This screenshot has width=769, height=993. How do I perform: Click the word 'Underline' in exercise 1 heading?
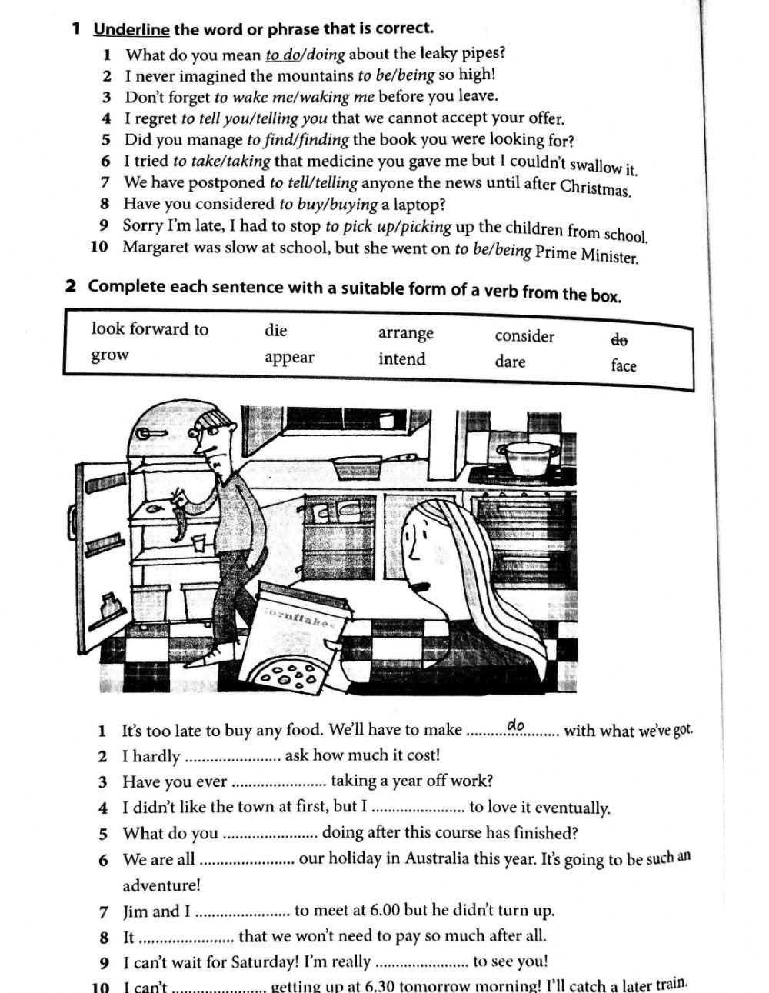point(131,29)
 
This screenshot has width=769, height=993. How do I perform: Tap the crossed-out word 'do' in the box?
point(619,339)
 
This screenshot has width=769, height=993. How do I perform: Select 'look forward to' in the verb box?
point(150,329)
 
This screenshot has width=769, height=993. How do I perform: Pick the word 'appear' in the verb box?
point(289,358)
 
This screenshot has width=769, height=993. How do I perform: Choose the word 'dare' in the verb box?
point(510,362)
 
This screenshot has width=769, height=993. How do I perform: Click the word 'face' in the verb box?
point(624,365)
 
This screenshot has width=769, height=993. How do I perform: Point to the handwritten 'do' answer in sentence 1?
point(515,725)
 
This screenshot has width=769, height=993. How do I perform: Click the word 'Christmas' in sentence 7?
point(595,187)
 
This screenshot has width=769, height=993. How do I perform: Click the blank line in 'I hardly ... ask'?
point(234,758)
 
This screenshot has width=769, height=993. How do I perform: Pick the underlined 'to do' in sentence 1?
point(282,55)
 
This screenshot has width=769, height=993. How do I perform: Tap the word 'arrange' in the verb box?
point(406,333)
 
